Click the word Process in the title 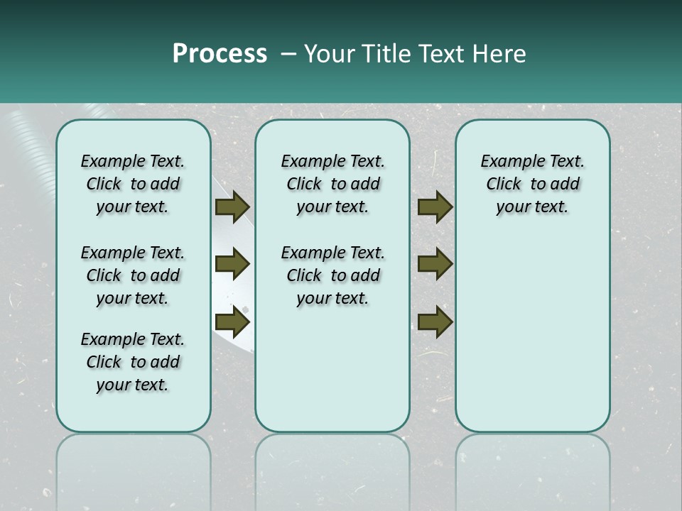click(220, 54)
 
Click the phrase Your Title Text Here click(415, 54)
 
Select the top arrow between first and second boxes click(232, 207)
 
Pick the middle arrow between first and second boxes click(232, 264)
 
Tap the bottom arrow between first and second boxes click(232, 322)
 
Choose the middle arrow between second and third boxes click(435, 264)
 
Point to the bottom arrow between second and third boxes click(435, 322)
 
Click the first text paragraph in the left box click(133, 184)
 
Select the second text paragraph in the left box click(133, 275)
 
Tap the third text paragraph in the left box click(133, 362)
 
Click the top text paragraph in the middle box click(332, 184)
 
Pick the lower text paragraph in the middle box click(332, 275)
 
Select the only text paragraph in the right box click(532, 184)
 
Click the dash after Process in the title click(288, 54)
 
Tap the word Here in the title click(502, 54)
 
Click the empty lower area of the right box click(532, 341)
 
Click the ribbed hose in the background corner click(28, 135)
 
